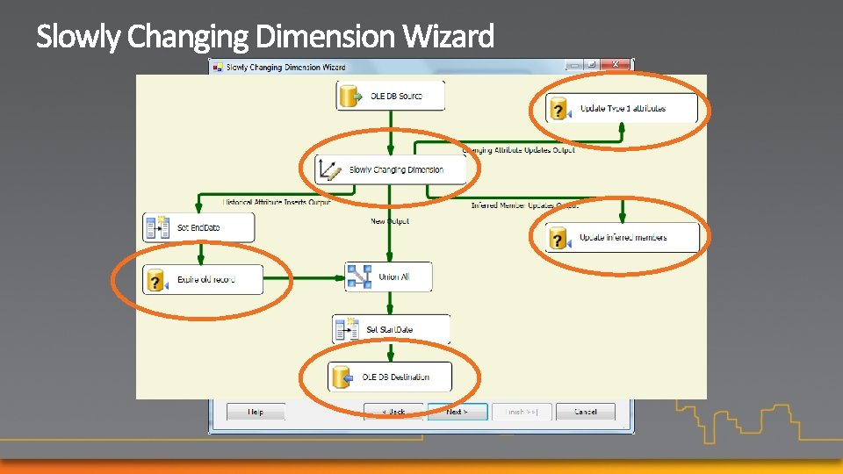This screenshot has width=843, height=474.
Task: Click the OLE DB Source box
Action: tap(391, 96)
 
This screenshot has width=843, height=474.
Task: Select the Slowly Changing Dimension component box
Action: tap(392, 169)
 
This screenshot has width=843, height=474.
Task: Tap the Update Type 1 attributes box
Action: tap(622, 109)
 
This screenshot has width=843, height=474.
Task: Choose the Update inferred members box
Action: tap(622, 237)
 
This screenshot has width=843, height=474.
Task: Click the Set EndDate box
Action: tap(198, 227)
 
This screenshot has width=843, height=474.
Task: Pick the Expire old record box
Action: tap(203, 280)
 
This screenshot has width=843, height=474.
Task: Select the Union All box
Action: tap(388, 276)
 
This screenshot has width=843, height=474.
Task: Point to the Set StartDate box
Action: tap(392, 329)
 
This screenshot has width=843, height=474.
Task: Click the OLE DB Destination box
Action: tap(391, 377)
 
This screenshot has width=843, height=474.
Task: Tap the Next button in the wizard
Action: tap(457, 411)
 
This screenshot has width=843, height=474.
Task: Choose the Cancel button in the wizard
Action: tap(586, 411)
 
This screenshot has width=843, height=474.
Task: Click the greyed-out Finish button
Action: tap(522, 411)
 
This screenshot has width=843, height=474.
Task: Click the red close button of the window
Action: tap(617, 65)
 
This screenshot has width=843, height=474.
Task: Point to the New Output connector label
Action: tap(390, 221)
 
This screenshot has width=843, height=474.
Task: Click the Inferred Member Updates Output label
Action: tap(524, 205)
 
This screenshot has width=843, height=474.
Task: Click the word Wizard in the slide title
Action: tap(449, 37)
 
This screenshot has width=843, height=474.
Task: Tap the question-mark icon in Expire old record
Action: tap(156, 281)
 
